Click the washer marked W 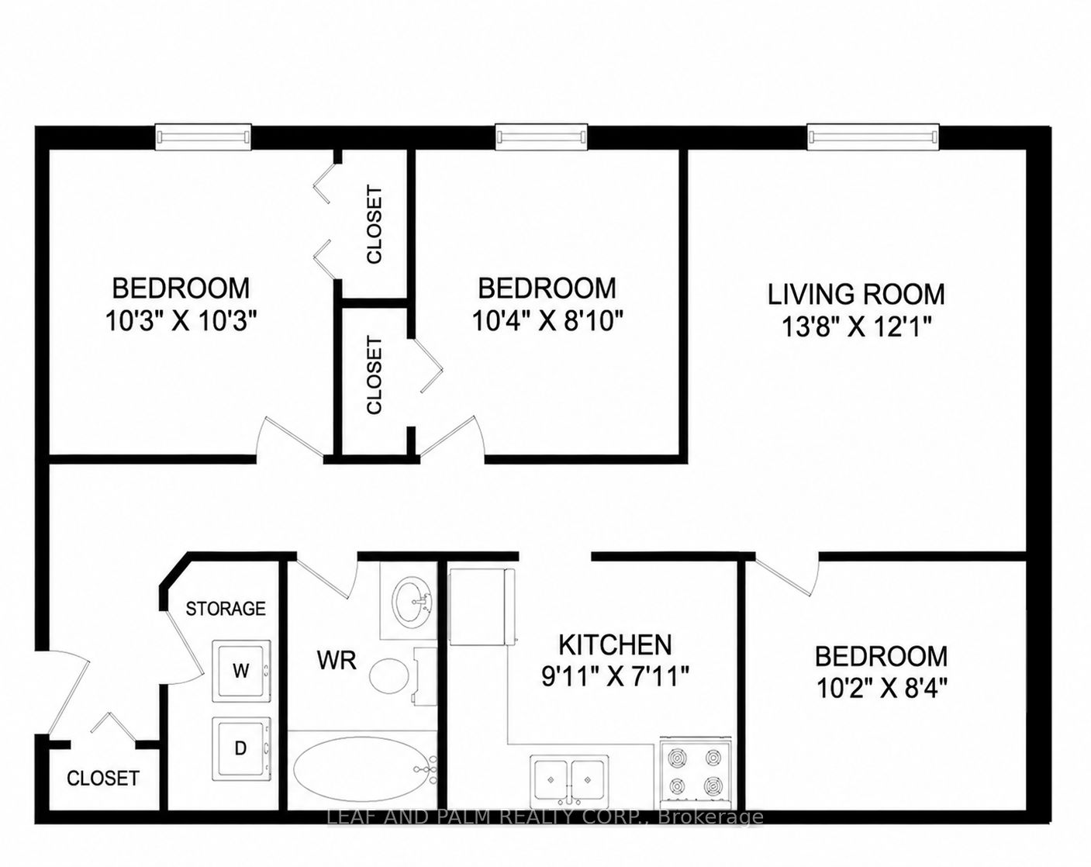point(241,672)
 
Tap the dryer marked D point(241,748)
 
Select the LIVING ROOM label point(856,295)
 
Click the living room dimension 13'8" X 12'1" point(856,327)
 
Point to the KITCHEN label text point(616,644)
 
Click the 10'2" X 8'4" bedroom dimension point(881,689)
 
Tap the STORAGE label point(226,609)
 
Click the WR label point(337,661)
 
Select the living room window point(873,137)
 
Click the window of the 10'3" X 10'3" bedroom point(203,137)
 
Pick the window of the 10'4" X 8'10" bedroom point(541,137)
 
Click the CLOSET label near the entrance point(103,779)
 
